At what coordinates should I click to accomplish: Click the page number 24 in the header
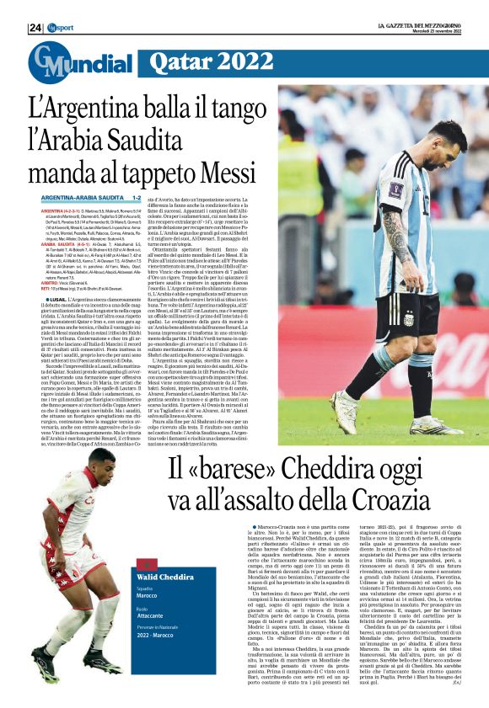click(x=34, y=28)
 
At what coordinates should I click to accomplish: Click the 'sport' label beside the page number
click(x=58, y=28)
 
